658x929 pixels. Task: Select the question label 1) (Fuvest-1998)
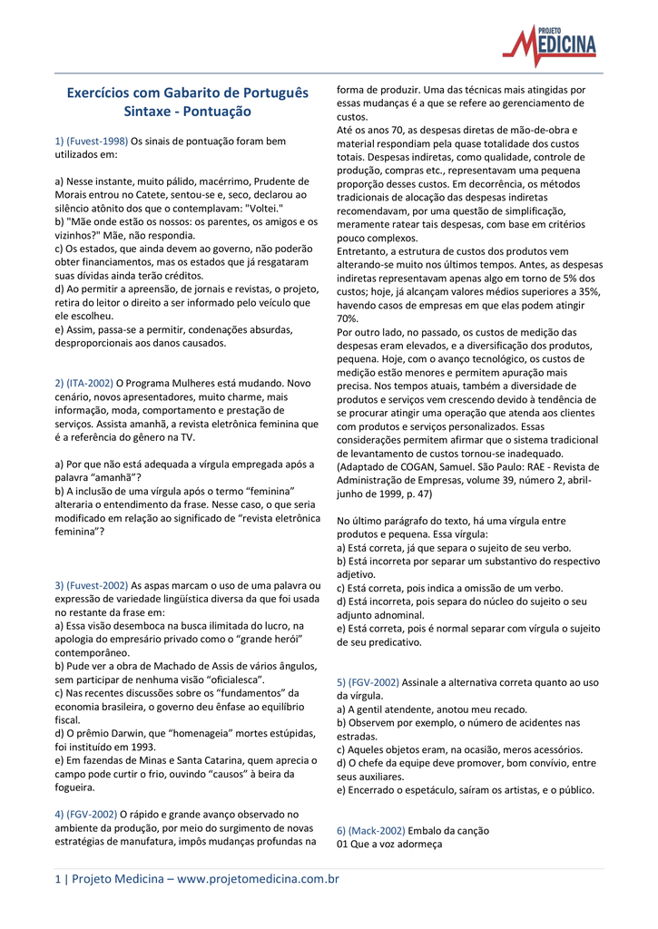92,142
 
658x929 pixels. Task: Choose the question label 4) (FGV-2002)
86,815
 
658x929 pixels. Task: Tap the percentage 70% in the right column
348,318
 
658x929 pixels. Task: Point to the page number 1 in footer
57,879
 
